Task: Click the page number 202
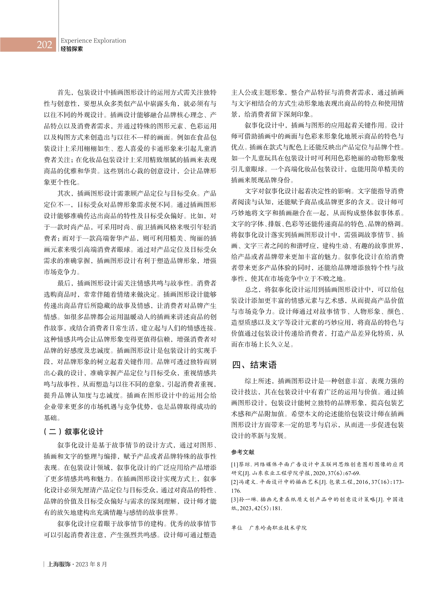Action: pyautogui.click(x=45, y=45)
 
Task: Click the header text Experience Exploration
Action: pyautogui.click(x=93, y=41)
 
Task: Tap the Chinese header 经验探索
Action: pyautogui.click(x=72, y=49)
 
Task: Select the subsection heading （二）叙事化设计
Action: pyautogui.click(x=74, y=431)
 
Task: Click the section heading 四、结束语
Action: pyautogui.click(x=255, y=365)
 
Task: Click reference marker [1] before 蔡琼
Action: pyautogui.click(x=235, y=465)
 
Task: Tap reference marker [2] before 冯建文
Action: pyautogui.click(x=235, y=482)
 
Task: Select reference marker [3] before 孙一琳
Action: pyautogui.click(x=235, y=500)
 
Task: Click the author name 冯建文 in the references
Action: pyautogui.click(x=248, y=482)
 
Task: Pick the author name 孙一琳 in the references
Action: pyautogui.click(x=248, y=500)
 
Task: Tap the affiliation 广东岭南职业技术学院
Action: pyautogui.click(x=278, y=527)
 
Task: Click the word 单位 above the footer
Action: pyautogui.click(x=237, y=527)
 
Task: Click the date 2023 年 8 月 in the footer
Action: pyautogui.click(x=91, y=564)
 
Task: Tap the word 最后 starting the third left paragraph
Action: pyautogui.click(x=63, y=283)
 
